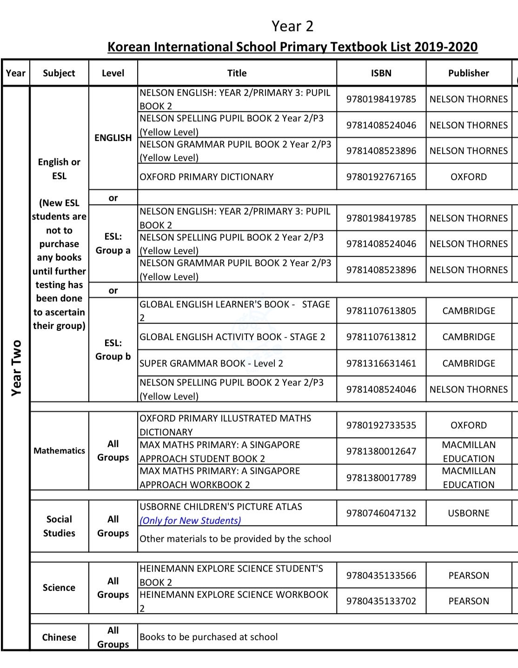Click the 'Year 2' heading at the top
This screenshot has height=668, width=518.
coord(292,26)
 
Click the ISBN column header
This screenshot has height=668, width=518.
coord(381,73)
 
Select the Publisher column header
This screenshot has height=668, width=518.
coord(468,73)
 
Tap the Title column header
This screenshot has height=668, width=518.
coord(237,73)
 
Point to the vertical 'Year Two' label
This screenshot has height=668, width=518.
coord(17,367)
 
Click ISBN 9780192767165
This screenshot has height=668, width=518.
coord(381,177)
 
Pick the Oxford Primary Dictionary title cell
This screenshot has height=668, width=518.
coord(206,177)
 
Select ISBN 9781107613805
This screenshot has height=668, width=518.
coord(381,311)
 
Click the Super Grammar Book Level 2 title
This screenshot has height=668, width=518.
coord(211,363)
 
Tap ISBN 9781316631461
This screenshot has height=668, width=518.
coord(381,363)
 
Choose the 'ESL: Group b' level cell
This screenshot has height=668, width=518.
coord(113,350)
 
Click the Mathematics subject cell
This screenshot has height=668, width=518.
coord(59,451)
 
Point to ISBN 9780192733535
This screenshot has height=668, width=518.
coord(381,425)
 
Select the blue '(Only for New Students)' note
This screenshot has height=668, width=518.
coord(190,521)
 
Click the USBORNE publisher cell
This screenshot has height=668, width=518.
coord(468,513)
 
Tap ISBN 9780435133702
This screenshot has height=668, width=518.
coord(381,601)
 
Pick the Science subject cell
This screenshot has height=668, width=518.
coord(59,588)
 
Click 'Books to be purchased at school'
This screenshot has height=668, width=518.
coord(208,637)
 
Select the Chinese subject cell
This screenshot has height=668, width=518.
coord(59,637)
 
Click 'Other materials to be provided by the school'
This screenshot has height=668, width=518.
coord(235,539)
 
